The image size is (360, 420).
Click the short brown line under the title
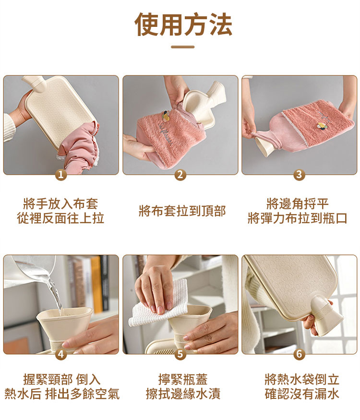[x=183, y=47]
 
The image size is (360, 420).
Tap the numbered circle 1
[x=60, y=175]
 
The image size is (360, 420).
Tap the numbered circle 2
[x=180, y=175]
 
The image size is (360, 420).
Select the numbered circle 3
[x=299, y=175]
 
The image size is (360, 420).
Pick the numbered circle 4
[x=60, y=354]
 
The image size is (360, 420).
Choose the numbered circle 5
[x=180, y=354]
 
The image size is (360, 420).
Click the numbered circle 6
[x=299, y=354]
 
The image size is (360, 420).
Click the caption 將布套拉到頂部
[x=182, y=211]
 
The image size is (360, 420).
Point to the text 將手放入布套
[x=60, y=204]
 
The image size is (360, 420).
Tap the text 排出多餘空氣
[x=82, y=395]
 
